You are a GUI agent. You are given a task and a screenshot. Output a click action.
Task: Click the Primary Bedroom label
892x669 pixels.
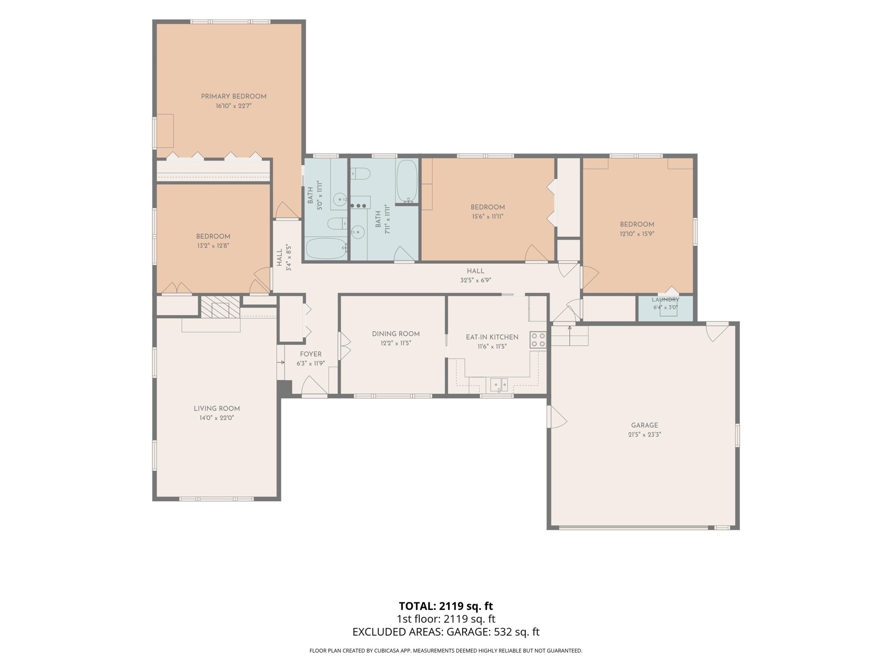coord(233,97)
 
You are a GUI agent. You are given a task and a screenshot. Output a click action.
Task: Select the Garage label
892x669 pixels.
coord(644,425)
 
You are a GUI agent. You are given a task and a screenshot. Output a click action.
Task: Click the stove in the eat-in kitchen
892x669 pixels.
coord(538,339)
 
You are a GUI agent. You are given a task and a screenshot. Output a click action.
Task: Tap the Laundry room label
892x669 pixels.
coord(666,300)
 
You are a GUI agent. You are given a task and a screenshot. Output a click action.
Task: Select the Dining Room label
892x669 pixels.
coord(395,334)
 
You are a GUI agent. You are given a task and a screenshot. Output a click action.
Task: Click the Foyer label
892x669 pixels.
coord(310,354)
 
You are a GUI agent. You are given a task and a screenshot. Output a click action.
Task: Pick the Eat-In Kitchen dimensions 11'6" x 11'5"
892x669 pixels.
coord(492,346)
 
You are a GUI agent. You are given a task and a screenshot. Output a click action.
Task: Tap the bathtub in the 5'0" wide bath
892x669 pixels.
coord(326,248)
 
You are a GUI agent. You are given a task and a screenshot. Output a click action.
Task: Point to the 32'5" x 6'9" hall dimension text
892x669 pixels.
coord(475,280)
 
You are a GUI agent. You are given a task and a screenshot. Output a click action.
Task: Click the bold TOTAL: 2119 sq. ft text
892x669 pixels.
coord(446,606)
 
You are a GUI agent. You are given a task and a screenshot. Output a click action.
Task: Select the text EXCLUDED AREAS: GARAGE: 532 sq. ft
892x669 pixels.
coord(446,632)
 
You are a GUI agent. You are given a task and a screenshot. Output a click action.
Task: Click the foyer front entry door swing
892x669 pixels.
coord(314,385)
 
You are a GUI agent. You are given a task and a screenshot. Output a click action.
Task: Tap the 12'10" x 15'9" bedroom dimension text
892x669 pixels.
coord(637,234)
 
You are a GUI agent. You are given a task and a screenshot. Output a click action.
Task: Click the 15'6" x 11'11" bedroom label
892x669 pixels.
coord(487,207)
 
